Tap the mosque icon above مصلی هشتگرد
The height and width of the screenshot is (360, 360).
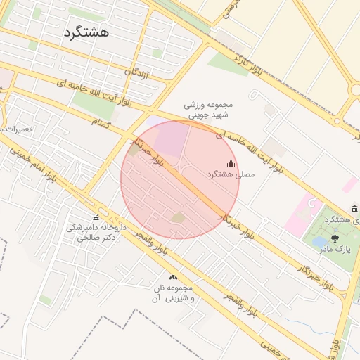point(231,163)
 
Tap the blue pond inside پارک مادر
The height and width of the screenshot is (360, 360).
point(319,242)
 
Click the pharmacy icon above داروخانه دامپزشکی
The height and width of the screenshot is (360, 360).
point(96,217)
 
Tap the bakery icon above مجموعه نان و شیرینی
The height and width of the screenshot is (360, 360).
point(172,277)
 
